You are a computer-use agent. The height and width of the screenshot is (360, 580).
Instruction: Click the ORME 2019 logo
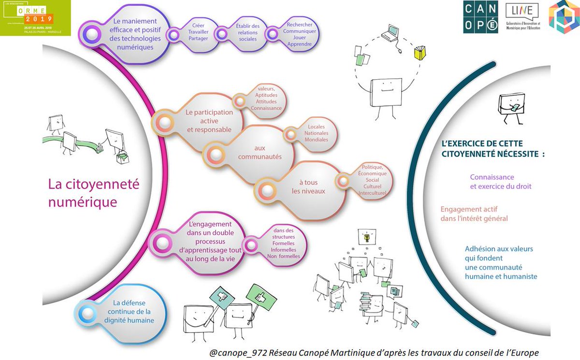35,18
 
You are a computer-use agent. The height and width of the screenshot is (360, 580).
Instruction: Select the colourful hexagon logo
564,18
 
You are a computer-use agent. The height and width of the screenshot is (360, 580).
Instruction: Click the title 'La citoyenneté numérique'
93,192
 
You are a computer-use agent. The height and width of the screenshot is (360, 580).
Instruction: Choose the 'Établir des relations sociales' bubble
248,32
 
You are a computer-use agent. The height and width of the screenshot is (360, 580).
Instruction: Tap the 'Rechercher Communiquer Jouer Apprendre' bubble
299,34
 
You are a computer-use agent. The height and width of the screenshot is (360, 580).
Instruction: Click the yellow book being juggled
419,52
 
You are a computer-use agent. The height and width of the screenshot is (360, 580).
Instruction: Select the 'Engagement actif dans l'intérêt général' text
474,214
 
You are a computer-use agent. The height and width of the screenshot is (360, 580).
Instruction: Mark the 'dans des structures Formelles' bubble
283,244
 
